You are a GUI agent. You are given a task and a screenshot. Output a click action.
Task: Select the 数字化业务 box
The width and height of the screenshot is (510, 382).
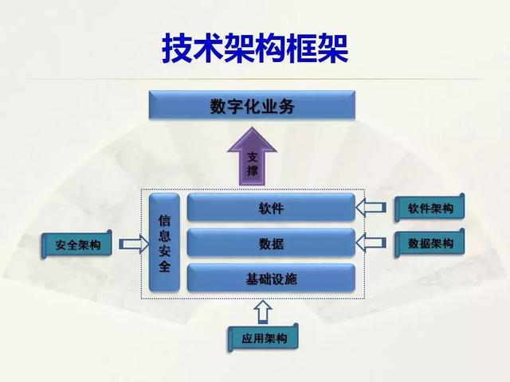click(253, 107)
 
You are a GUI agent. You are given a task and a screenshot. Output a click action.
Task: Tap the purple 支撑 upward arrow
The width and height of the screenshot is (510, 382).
click(253, 159)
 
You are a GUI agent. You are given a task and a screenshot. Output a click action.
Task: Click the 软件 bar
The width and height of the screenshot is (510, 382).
click(271, 209)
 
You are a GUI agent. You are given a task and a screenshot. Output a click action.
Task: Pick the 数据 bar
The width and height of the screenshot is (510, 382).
click(271, 244)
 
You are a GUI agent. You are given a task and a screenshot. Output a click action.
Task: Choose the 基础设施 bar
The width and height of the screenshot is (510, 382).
click(271, 279)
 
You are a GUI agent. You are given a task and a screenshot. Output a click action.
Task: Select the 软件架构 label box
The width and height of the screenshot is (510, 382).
click(431, 209)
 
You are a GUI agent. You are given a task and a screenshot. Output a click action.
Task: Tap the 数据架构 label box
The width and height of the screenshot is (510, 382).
click(431, 244)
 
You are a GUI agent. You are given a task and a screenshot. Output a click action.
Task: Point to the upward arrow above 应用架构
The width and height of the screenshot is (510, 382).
click(265, 310)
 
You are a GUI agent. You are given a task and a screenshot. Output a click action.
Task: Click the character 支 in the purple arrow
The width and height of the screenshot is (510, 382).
click(253, 156)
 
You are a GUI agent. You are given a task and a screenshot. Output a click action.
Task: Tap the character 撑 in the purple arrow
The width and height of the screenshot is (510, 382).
click(253, 171)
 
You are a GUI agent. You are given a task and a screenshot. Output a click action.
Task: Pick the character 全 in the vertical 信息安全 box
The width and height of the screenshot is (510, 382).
click(164, 267)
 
